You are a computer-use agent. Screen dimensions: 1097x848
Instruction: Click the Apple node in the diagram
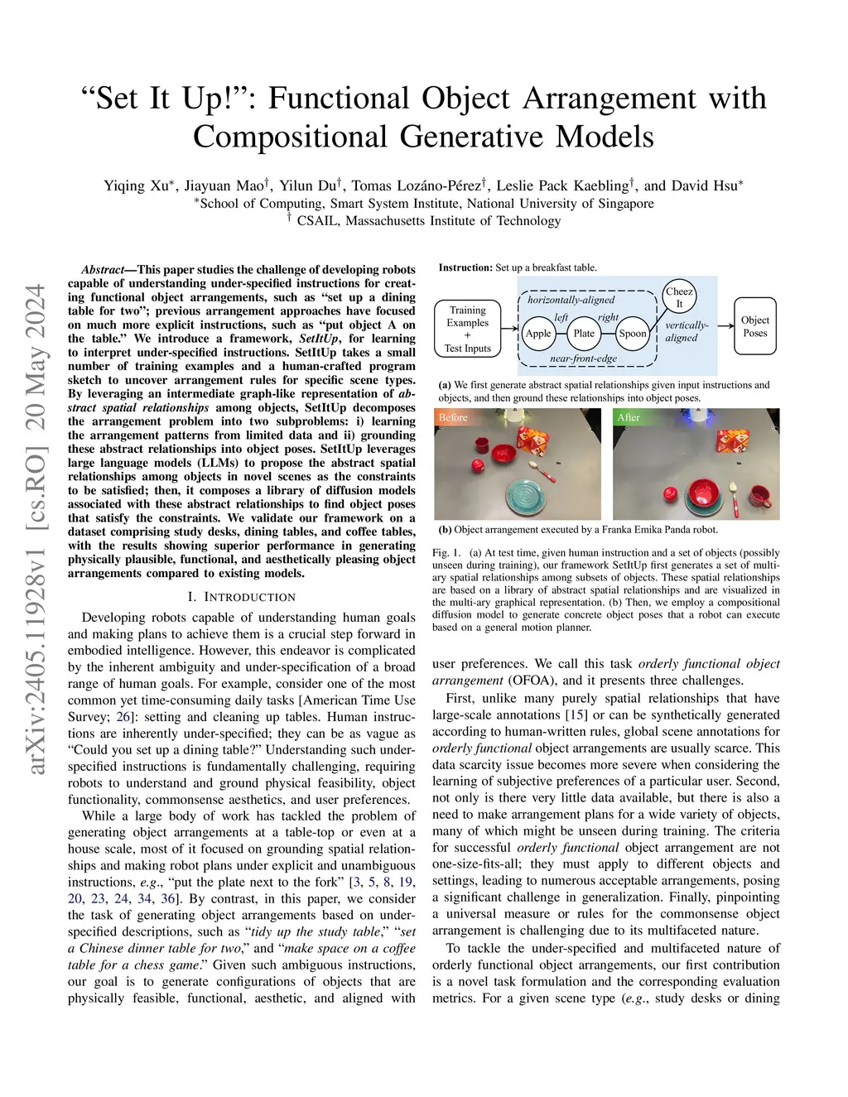[x=538, y=333]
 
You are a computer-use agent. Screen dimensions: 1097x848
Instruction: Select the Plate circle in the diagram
[x=585, y=333]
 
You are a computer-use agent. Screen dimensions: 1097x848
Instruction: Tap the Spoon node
[x=633, y=333]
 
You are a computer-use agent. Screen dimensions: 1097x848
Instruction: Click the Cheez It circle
[x=679, y=297]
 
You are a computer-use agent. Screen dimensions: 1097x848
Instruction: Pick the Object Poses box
[x=754, y=326]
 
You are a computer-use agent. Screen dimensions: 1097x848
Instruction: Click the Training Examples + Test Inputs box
[x=467, y=329]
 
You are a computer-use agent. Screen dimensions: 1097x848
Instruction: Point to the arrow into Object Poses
[x=725, y=325]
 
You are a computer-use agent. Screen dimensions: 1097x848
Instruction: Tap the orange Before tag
[x=453, y=418]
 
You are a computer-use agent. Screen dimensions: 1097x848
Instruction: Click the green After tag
[x=629, y=418]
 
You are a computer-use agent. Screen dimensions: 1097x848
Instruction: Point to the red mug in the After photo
[x=759, y=497]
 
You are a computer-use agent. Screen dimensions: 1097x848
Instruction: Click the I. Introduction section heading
[x=241, y=597]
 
